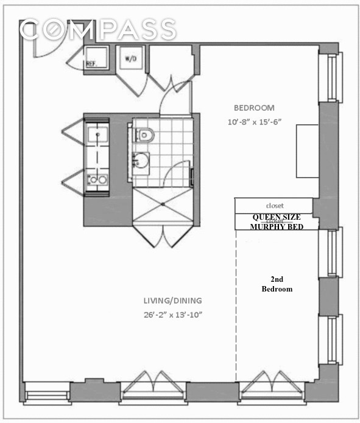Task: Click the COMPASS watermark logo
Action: click(97, 29)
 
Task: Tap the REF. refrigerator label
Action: click(92, 63)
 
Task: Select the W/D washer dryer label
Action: click(130, 59)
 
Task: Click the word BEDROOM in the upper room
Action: click(254, 108)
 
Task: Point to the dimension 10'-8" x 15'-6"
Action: click(254, 121)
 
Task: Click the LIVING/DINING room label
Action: click(173, 301)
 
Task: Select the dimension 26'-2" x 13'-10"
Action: click(173, 315)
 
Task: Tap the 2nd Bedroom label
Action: click(277, 284)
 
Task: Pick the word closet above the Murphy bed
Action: click(275, 206)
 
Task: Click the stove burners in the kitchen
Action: click(96, 179)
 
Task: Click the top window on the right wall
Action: click(333, 78)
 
